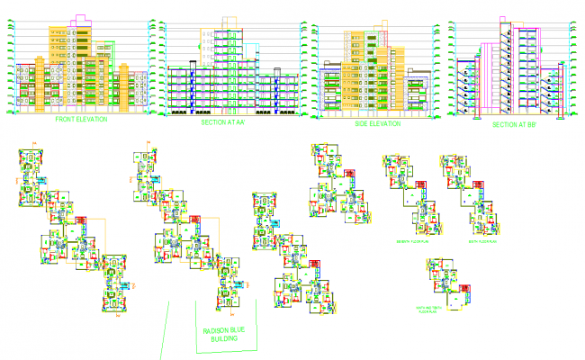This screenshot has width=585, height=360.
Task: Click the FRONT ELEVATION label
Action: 81,119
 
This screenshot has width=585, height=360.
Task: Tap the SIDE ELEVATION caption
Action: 370,122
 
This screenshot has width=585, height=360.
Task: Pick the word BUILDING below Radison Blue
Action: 226,341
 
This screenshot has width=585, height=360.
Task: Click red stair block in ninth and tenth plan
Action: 466,288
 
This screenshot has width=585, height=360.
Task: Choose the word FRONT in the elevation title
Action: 67,119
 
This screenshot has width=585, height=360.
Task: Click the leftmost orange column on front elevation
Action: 38,85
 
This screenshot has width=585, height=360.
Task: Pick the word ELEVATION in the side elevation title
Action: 380,122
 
